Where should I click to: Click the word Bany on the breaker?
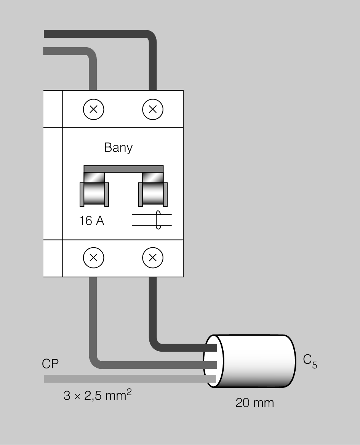tap(118, 147)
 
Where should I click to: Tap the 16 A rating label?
tap(91, 221)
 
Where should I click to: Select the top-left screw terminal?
tap(93, 109)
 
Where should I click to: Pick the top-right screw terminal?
tap(152, 109)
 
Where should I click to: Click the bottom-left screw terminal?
tap(93, 258)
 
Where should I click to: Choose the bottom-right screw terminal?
tap(152, 258)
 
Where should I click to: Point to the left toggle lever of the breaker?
tap(94, 193)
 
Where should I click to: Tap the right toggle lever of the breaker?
tap(153, 193)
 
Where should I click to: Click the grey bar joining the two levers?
tap(123, 169)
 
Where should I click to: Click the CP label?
tap(50, 364)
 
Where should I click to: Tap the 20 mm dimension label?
tap(254, 403)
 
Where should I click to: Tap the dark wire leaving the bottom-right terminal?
tap(153, 312)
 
